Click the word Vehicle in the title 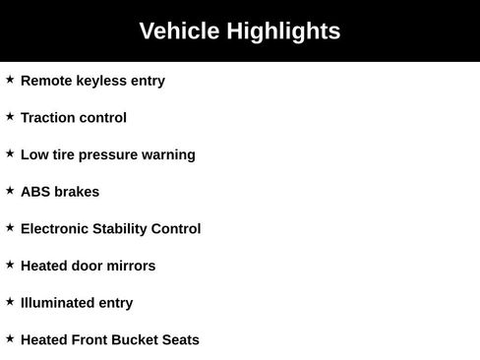coord(179,31)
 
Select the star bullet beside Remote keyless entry coord(10,80)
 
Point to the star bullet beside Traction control coord(10,117)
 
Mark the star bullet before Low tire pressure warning coord(10,153)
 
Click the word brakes coord(78,192)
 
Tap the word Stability coord(124,229)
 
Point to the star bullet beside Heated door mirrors coord(10,265)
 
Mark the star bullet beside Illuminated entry coord(10,302)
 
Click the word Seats coord(180,340)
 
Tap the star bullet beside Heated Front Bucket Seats coord(10,339)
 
